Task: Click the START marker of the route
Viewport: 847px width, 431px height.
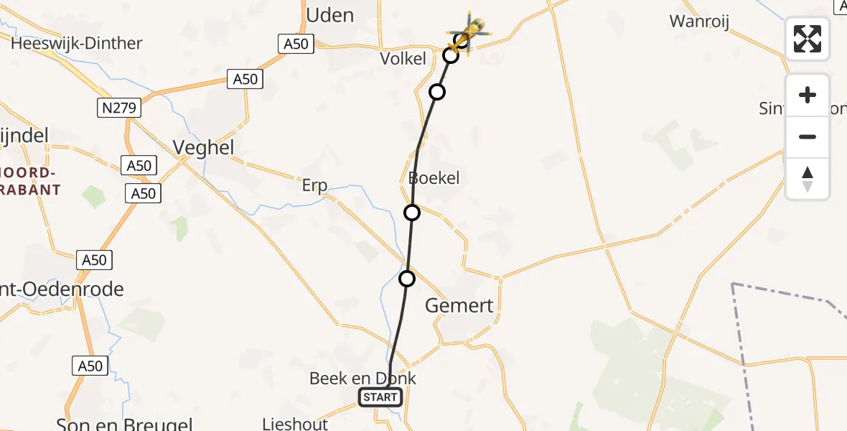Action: click(380, 397)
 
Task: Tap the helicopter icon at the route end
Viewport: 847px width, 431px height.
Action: click(470, 31)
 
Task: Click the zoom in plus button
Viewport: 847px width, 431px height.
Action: click(808, 95)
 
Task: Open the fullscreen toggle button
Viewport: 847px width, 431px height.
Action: click(808, 39)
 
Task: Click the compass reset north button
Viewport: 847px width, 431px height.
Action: click(808, 179)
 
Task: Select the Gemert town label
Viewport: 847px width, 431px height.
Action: click(459, 306)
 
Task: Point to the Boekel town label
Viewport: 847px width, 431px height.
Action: click(434, 177)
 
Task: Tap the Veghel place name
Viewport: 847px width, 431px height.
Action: click(203, 148)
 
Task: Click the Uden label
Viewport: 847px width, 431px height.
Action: click(329, 14)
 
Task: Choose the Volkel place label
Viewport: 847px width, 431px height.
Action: click(403, 59)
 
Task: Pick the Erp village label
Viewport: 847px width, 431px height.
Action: click(314, 186)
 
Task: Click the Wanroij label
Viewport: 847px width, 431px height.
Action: click(699, 22)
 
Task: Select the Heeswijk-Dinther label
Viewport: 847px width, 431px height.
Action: click(77, 43)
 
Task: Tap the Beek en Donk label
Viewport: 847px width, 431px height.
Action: click(362, 379)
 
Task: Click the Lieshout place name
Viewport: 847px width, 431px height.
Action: click(295, 424)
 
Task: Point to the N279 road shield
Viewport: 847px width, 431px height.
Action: click(119, 108)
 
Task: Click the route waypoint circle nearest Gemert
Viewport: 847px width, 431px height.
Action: click(407, 279)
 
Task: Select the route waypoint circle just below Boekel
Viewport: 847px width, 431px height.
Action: click(412, 213)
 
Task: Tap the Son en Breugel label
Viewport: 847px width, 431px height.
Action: click(124, 424)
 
